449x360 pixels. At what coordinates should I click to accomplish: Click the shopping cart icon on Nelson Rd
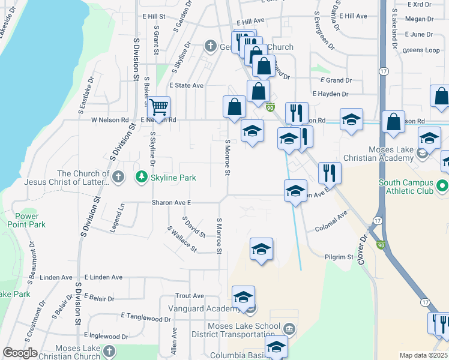pyautogui.click(x=158, y=107)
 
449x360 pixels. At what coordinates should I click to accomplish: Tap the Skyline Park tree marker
pyautogui.click(x=141, y=177)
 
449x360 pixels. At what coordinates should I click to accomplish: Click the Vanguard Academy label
pyautogui.click(x=204, y=308)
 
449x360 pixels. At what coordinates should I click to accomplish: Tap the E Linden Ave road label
pyautogui.click(x=103, y=277)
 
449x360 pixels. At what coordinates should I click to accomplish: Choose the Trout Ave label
pyautogui.click(x=190, y=296)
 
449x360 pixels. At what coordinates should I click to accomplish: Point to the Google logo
pyautogui.click(x=20, y=353)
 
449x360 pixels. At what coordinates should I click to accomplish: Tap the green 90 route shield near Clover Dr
pyautogui.click(x=381, y=245)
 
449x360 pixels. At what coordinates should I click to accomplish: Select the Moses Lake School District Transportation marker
pyautogui.click(x=289, y=329)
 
